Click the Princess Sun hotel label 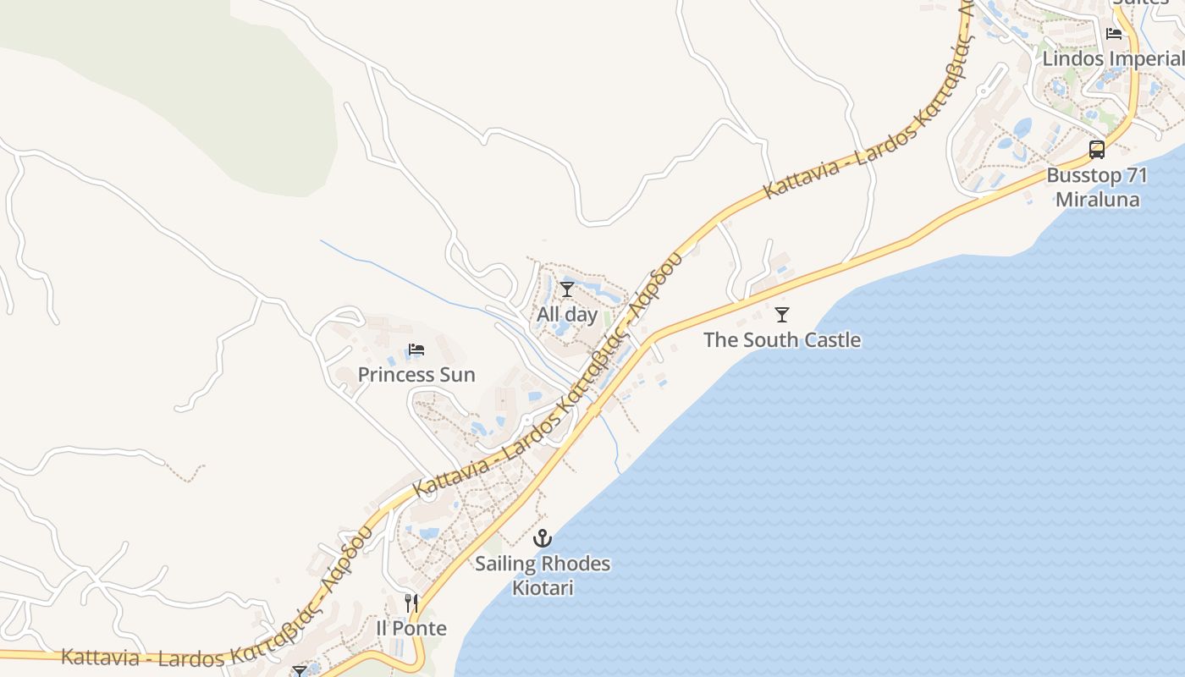(x=416, y=374)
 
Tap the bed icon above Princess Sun (x=416, y=350)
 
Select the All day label (x=567, y=314)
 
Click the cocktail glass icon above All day (x=567, y=289)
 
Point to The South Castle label (x=782, y=339)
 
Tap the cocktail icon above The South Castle (x=782, y=315)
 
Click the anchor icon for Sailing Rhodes (x=543, y=538)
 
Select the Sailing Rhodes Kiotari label (x=543, y=575)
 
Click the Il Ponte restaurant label (x=411, y=628)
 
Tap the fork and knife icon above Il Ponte (x=411, y=603)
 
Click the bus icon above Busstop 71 (x=1097, y=150)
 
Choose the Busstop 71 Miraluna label (x=1097, y=188)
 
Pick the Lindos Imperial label (x=1112, y=58)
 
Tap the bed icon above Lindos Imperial (x=1114, y=34)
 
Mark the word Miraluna (x=1097, y=200)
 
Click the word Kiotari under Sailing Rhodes (x=543, y=587)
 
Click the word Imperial (x=1147, y=58)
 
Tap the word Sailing (x=505, y=564)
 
